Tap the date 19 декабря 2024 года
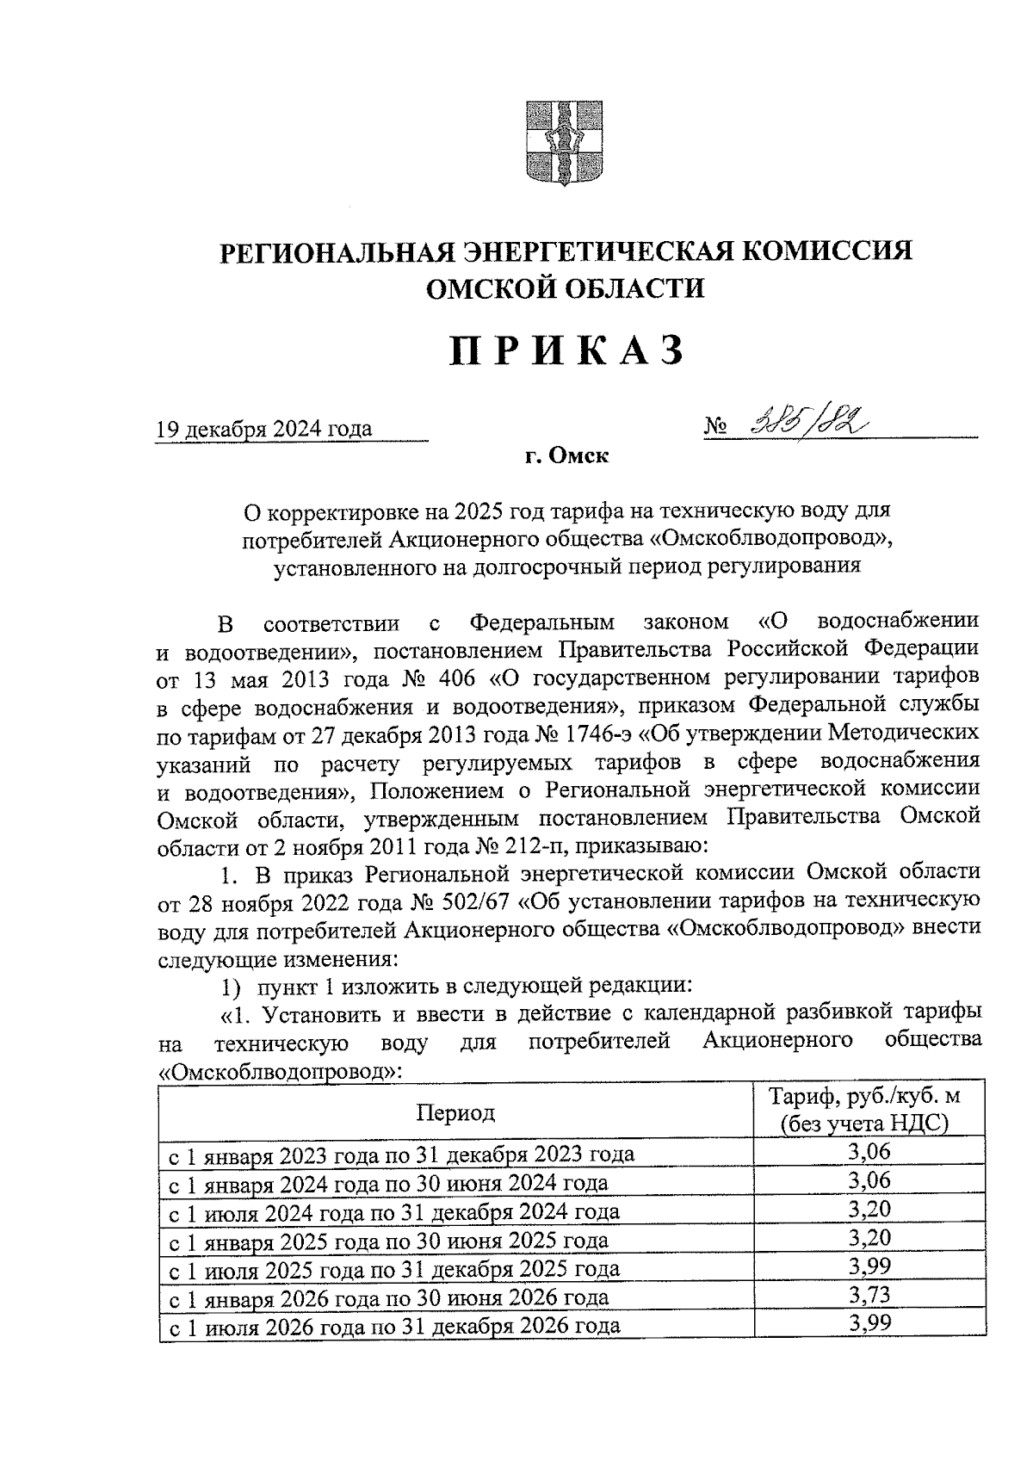[263, 429]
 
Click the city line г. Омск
[566, 457]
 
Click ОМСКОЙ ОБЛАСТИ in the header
[566, 288]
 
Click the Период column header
[455, 1112]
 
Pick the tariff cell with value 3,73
[868, 1295]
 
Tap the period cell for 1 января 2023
[402, 1154]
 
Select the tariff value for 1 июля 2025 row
[868, 1266]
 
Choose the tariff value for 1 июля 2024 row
[868, 1209]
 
